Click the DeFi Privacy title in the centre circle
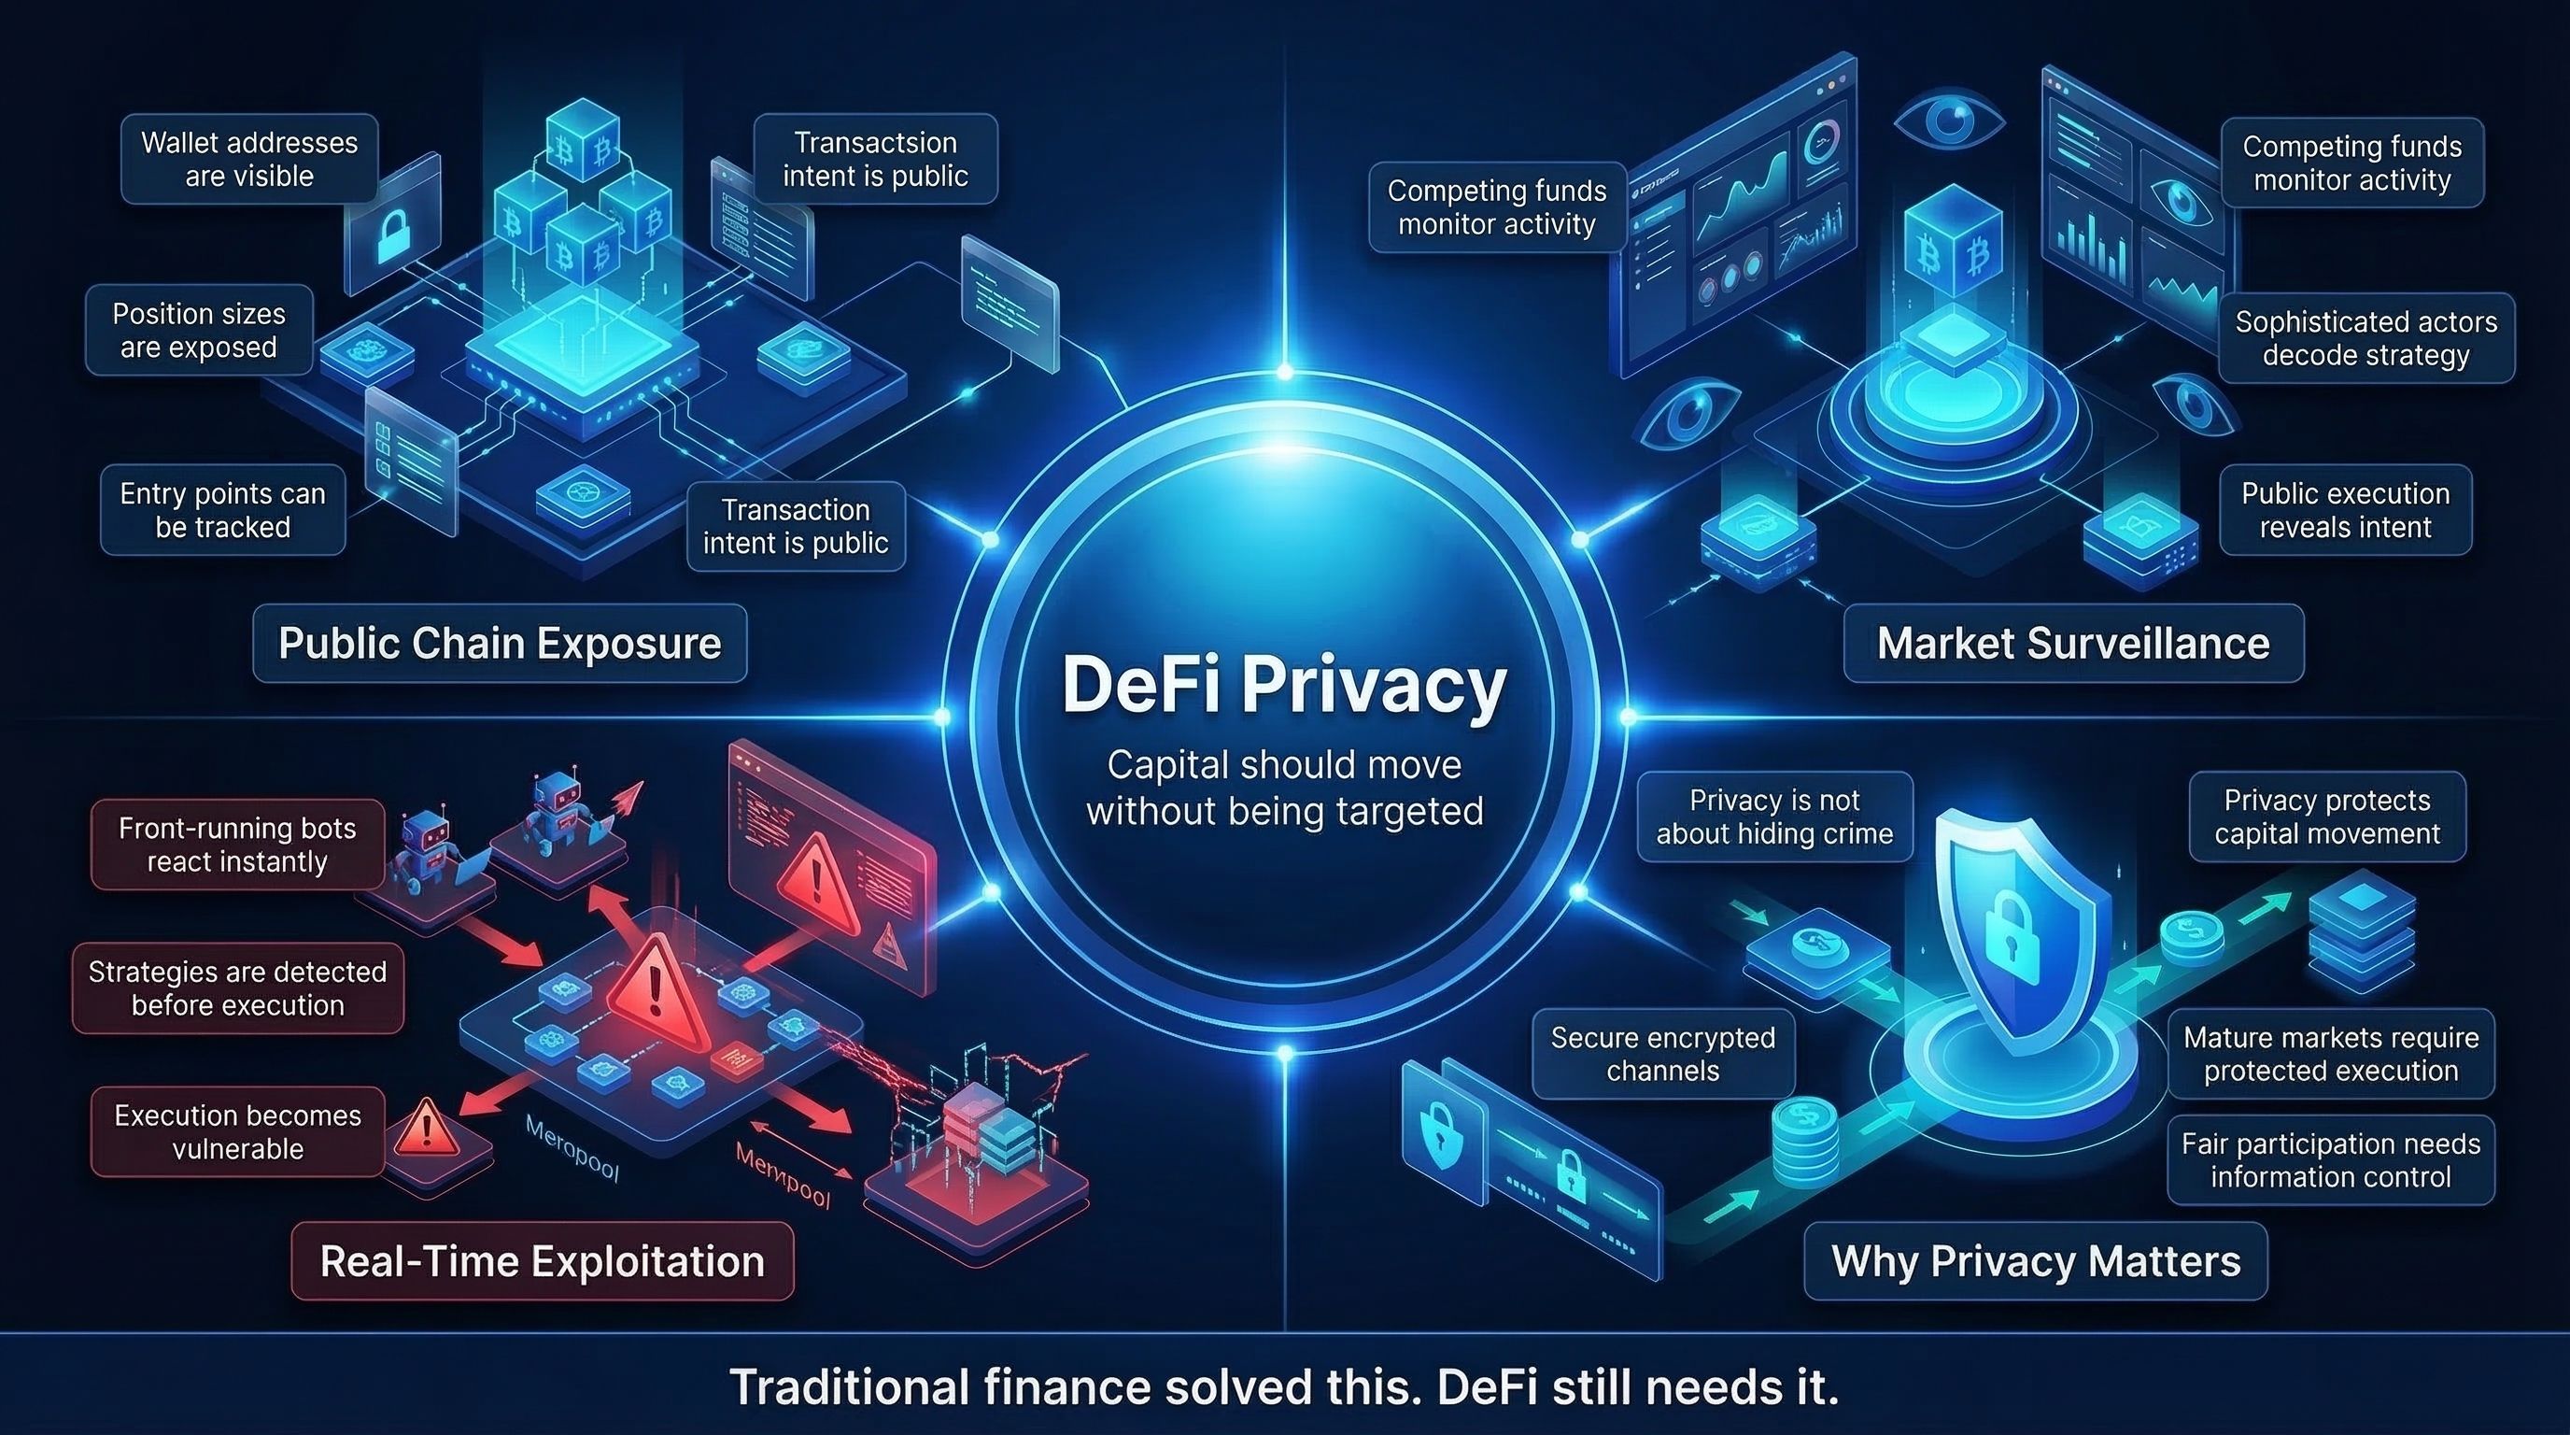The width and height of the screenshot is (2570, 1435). (1284, 686)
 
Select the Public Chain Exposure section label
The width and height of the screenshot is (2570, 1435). (499, 644)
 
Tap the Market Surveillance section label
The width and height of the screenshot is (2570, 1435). (2073, 644)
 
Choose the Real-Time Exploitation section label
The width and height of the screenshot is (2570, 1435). (542, 1261)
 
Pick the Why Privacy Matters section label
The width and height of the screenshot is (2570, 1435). (2035, 1261)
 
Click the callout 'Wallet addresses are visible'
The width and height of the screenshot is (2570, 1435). (249, 160)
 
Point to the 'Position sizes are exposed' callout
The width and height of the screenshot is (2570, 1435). (199, 331)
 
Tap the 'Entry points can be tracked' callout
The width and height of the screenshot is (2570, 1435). (222, 510)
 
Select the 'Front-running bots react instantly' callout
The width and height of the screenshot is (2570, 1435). (237, 845)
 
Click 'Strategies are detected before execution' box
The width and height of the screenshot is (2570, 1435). (237, 987)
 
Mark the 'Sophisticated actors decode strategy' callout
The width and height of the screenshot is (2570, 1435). (2365, 338)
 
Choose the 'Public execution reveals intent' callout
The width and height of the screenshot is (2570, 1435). (2345, 510)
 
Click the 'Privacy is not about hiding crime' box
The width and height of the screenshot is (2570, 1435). (1773, 817)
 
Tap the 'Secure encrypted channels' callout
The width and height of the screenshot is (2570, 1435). (1662, 1054)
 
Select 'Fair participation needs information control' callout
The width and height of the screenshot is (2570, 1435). (2330, 1159)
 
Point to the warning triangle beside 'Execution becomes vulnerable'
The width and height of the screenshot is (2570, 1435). (427, 1128)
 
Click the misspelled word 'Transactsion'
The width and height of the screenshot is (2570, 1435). (875, 143)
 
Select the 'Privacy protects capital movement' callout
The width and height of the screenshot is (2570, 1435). (2326, 817)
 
